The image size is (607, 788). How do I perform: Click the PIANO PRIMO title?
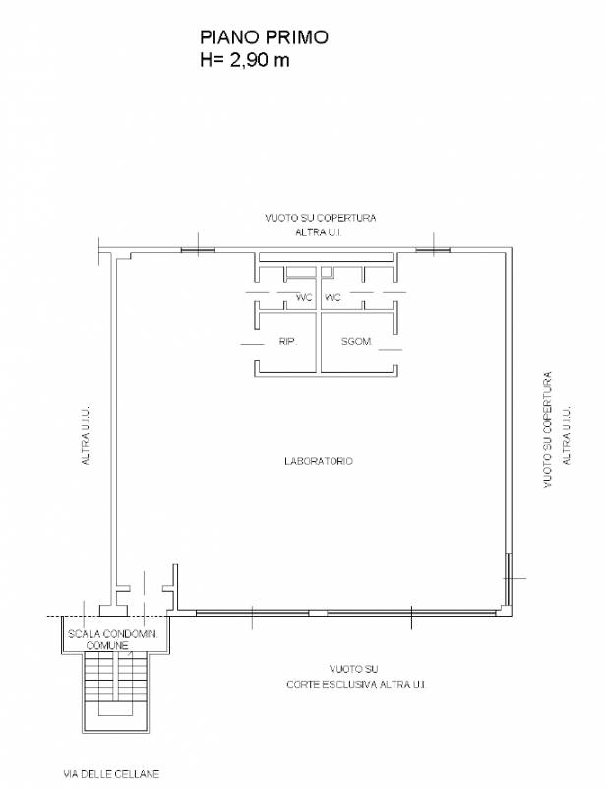pyautogui.click(x=264, y=37)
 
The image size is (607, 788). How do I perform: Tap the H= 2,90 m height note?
pyautogui.click(x=245, y=60)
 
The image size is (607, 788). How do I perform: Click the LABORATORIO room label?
pyautogui.click(x=319, y=461)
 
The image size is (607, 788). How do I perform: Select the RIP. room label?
pyautogui.click(x=287, y=341)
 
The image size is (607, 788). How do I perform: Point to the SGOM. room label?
pyautogui.click(x=356, y=341)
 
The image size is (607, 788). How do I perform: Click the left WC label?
pyautogui.click(x=304, y=297)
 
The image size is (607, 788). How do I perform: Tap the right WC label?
pyautogui.click(x=333, y=297)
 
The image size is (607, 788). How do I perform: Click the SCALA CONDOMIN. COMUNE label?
pyautogui.click(x=112, y=639)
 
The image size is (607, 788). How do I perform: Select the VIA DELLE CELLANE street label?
pyautogui.click(x=111, y=774)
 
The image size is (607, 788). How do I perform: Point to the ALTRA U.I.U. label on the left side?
pyautogui.click(x=86, y=433)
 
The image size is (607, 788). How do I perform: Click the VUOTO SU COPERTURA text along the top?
pyautogui.click(x=321, y=218)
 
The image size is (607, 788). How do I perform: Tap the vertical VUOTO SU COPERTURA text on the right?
pyautogui.click(x=547, y=429)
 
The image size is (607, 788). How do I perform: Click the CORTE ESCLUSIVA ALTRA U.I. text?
pyautogui.click(x=356, y=684)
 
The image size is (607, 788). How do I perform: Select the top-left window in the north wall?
pyautogui.click(x=198, y=250)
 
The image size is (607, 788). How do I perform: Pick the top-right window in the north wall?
pyautogui.click(x=433, y=250)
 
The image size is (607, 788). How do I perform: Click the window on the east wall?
pyautogui.click(x=508, y=578)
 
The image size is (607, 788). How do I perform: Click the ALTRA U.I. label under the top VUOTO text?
pyautogui.click(x=319, y=232)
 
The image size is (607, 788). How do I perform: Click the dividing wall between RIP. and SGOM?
pyautogui.click(x=319, y=343)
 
